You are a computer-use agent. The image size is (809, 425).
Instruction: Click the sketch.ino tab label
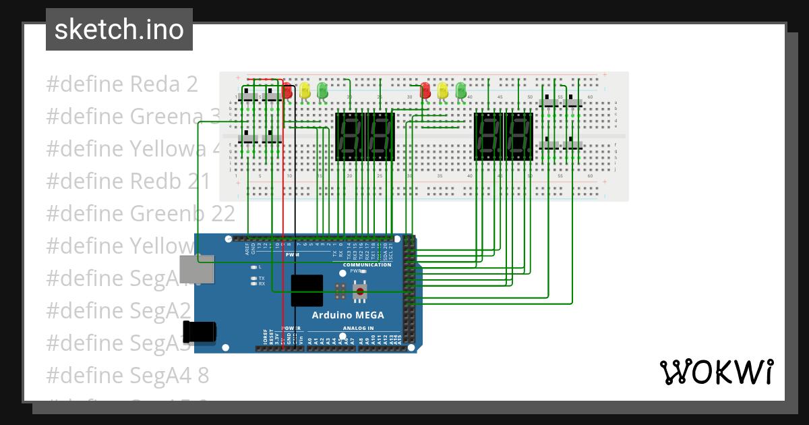click(x=119, y=30)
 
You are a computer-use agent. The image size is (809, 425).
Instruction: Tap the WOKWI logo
click(x=716, y=372)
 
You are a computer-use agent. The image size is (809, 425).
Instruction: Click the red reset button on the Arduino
click(x=361, y=292)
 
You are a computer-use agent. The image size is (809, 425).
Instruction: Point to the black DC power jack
click(x=200, y=331)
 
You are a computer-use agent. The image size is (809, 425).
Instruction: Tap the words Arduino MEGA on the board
click(x=347, y=315)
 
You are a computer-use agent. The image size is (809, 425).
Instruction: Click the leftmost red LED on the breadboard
click(x=288, y=90)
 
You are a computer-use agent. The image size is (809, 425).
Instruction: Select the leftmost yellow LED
click(x=305, y=90)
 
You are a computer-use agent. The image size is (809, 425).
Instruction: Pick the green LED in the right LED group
click(x=460, y=90)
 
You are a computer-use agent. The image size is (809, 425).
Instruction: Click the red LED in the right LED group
click(x=425, y=90)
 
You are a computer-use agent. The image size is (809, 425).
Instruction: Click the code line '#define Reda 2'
click(x=122, y=84)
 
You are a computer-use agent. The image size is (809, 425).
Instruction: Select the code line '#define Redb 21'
click(x=128, y=181)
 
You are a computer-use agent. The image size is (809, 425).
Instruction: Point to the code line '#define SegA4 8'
click(x=127, y=375)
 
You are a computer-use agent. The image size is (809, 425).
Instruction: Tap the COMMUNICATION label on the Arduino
click(x=367, y=264)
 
